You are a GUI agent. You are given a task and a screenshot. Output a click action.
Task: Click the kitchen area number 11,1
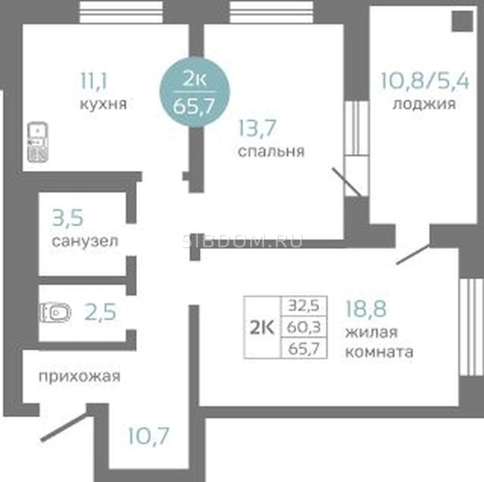point(93,81)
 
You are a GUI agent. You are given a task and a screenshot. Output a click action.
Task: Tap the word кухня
point(103,104)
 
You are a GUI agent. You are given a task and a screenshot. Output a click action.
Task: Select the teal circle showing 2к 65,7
point(194,92)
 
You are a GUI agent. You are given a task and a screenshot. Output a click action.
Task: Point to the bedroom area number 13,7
point(257,128)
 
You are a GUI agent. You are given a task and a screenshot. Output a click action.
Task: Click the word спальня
point(272,151)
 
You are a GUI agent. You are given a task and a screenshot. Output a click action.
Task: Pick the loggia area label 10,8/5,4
point(425,81)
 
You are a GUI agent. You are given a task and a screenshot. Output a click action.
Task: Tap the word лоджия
point(424,104)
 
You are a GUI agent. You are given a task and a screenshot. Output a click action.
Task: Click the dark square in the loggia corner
point(463,21)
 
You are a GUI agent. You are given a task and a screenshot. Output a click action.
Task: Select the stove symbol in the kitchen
point(38,142)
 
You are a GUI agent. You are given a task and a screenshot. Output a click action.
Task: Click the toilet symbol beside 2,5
point(55,313)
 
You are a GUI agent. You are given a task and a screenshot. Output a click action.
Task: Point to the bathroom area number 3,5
point(68,218)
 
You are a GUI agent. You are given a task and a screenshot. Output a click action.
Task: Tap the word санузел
point(85,241)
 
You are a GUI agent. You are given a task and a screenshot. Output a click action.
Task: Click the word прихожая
point(79,377)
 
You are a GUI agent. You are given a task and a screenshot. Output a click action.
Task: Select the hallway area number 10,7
point(148,436)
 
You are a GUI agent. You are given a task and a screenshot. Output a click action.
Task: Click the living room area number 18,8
point(366,308)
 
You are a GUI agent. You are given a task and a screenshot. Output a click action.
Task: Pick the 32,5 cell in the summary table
point(304,306)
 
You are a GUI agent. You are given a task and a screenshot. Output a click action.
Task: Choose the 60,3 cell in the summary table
point(304,327)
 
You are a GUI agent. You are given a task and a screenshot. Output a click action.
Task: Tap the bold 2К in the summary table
point(262,327)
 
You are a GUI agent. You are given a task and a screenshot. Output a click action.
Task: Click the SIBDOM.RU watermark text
point(242,241)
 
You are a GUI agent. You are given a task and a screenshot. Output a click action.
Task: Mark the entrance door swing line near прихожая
point(65,427)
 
